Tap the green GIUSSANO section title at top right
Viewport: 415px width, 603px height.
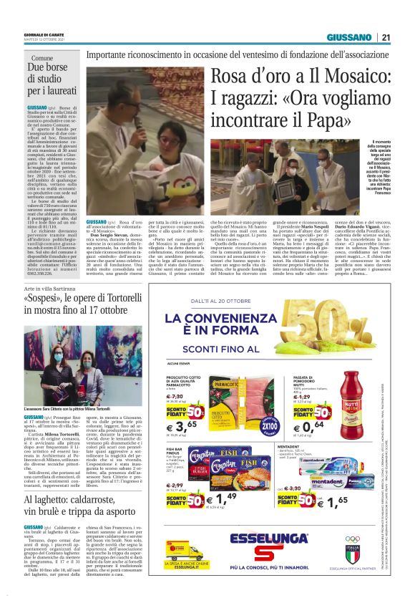click(349, 37)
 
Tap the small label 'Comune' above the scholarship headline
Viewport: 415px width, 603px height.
click(42, 57)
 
